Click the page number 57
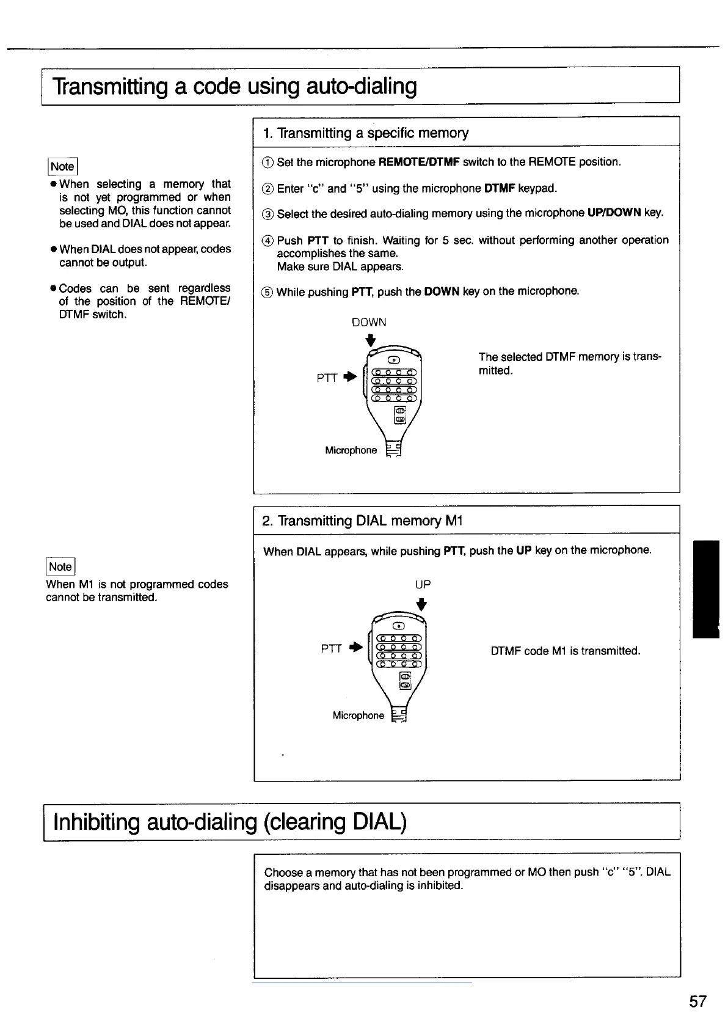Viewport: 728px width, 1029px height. pos(697,1002)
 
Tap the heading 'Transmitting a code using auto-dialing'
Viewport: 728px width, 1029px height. pos(235,86)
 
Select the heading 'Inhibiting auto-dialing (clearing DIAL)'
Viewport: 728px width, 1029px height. pos(230,822)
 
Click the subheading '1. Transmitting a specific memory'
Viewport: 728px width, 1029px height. pos(365,133)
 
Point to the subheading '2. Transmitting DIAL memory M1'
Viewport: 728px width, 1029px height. pos(362,521)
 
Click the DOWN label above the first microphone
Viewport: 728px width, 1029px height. pos(369,322)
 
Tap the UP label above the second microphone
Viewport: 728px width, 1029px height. pos(423,584)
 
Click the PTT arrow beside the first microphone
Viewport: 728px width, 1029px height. pos(349,377)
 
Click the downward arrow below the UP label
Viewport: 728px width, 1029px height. pos(421,604)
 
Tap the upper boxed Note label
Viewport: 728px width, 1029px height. pos(62,166)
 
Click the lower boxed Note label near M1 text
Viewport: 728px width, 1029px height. pos(60,566)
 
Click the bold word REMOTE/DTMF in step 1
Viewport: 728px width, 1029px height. pos(419,162)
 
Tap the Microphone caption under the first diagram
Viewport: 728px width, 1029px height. pos(351,450)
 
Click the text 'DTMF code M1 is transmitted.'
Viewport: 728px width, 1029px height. pos(565,651)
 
